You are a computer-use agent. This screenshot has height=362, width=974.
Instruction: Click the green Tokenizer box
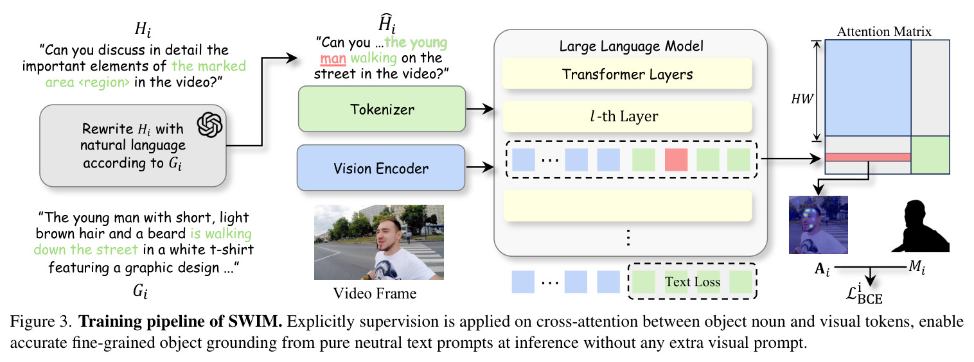(x=382, y=109)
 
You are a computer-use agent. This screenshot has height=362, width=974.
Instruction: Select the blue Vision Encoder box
(x=381, y=168)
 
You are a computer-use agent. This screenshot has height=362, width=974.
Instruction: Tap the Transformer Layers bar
(x=627, y=74)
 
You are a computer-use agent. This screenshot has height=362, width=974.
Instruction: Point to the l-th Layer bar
(x=627, y=116)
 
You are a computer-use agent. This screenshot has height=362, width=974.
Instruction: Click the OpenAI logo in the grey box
(x=209, y=125)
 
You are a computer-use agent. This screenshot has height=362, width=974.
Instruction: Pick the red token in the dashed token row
(x=676, y=159)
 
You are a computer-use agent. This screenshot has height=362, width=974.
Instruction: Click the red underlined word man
(x=333, y=58)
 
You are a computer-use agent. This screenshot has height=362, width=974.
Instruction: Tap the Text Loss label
(x=692, y=282)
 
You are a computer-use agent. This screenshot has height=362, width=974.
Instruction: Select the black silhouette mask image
(x=920, y=226)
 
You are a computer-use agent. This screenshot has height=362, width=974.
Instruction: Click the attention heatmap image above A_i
(x=819, y=225)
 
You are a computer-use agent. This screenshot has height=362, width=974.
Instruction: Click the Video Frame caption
(x=375, y=293)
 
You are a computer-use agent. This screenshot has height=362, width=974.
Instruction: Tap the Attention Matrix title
(x=884, y=31)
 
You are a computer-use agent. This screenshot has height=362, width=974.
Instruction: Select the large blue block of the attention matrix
(x=868, y=88)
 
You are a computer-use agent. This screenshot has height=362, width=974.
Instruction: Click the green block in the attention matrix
(x=930, y=155)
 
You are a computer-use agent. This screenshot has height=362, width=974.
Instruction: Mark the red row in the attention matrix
(x=868, y=157)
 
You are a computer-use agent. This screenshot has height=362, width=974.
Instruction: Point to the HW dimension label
(x=802, y=99)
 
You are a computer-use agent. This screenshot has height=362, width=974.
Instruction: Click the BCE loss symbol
(x=864, y=294)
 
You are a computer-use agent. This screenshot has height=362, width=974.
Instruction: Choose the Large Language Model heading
(x=631, y=46)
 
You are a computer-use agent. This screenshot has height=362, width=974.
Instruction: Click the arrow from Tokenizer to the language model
(x=480, y=108)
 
